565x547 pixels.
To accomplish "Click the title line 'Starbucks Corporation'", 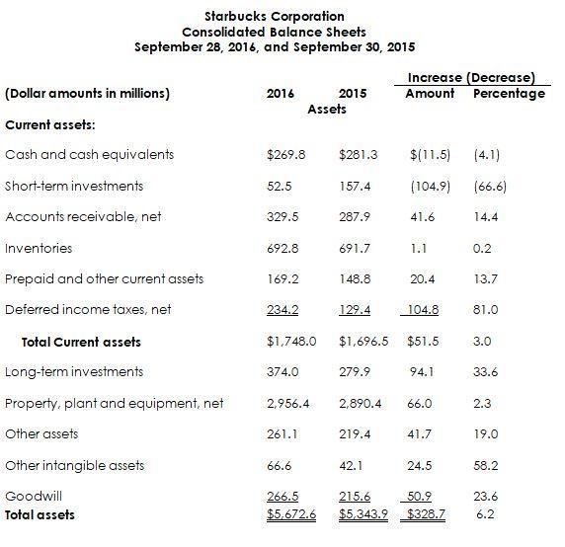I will (x=274, y=16).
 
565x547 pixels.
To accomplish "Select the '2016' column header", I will (x=281, y=94).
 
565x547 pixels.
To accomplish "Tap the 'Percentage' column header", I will (x=509, y=94).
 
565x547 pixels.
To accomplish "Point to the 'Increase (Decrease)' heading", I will (x=471, y=78).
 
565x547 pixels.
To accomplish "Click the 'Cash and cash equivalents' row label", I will (x=89, y=155).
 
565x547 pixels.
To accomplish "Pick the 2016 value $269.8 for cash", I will (x=286, y=155).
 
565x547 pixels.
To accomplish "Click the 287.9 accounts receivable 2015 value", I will (x=353, y=217).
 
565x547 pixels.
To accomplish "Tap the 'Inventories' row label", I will (x=39, y=248).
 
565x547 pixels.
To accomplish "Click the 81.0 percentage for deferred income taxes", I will (x=486, y=310).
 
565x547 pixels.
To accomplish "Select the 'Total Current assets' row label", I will (x=81, y=343).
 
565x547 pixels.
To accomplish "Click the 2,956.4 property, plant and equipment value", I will (x=291, y=404).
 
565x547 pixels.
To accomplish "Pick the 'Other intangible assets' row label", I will (x=74, y=466).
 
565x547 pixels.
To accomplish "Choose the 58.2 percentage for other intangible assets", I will (x=486, y=466).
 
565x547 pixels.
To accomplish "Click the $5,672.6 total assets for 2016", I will (x=291, y=514).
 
